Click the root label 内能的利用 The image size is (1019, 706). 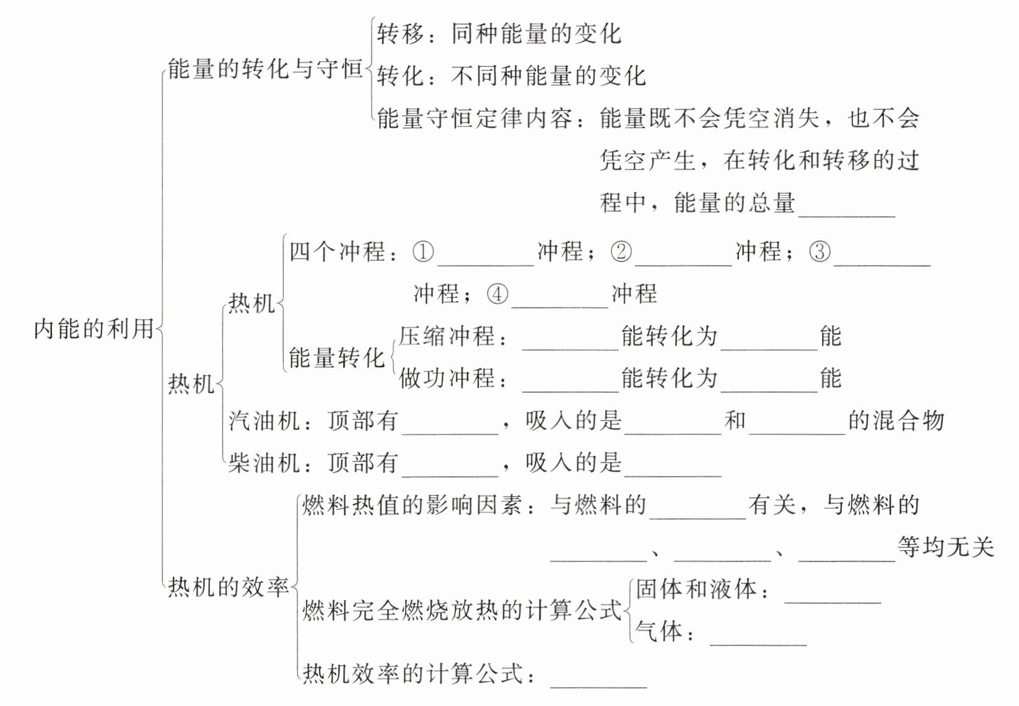pyautogui.click(x=94, y=328)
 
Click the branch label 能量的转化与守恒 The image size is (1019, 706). pyautogui.click(x=265, y=69)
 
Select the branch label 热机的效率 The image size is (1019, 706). pyautogui.click(x=229, y=587)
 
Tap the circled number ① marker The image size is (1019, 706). pyautogui.click(x=423, y=251)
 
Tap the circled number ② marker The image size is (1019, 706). pyautogui.click(x=621, y=251)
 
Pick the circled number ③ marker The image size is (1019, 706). pyautogui.click(x=820, y=251)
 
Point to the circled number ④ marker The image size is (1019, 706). pyautogui.click(x=497, y=294)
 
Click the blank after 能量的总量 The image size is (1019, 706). pyautogui.click(x=847, y=217)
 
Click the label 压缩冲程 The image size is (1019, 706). pyautogui.click(x=447, y=336)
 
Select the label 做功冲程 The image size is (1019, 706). pyautogui.click(x=447, y=378)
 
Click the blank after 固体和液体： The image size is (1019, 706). pyautogui.click(x=833, y=603)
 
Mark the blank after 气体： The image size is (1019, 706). pyautogui.click(x=758, y=645)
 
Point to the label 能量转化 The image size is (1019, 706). pyautogui.click(x=337, y=357)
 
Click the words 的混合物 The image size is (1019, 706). pyautogui.click(x=896, y=421)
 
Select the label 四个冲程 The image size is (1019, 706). pyautogui.click(x=337, y=251)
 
